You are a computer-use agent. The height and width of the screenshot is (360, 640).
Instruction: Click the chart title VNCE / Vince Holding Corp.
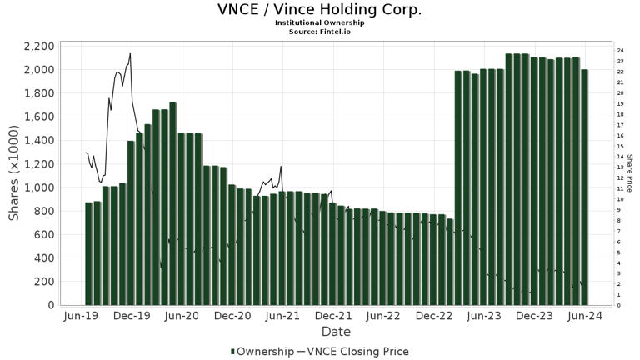[x=320, y=10]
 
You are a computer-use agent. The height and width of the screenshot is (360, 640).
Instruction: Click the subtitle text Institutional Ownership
[x=320, y=22]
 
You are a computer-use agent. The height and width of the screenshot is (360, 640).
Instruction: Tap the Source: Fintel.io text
[x=320, y=31]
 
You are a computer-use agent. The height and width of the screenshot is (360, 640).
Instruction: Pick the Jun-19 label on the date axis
[x=82, y=317]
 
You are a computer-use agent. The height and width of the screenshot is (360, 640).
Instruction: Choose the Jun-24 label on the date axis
[x=585, y=317]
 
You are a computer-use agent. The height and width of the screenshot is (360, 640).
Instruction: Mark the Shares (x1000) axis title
[x=14, y=175]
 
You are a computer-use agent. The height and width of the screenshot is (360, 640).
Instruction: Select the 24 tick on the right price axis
[x=620, y=50]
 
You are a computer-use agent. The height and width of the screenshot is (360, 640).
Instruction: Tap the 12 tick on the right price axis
[x=620, y=177]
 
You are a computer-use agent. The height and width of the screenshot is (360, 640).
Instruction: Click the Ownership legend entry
[x=262, y=352]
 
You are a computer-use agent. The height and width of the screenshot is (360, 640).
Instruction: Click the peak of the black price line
[x=130, y=54]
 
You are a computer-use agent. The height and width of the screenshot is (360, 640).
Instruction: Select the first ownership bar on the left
[x=88, y=253]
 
